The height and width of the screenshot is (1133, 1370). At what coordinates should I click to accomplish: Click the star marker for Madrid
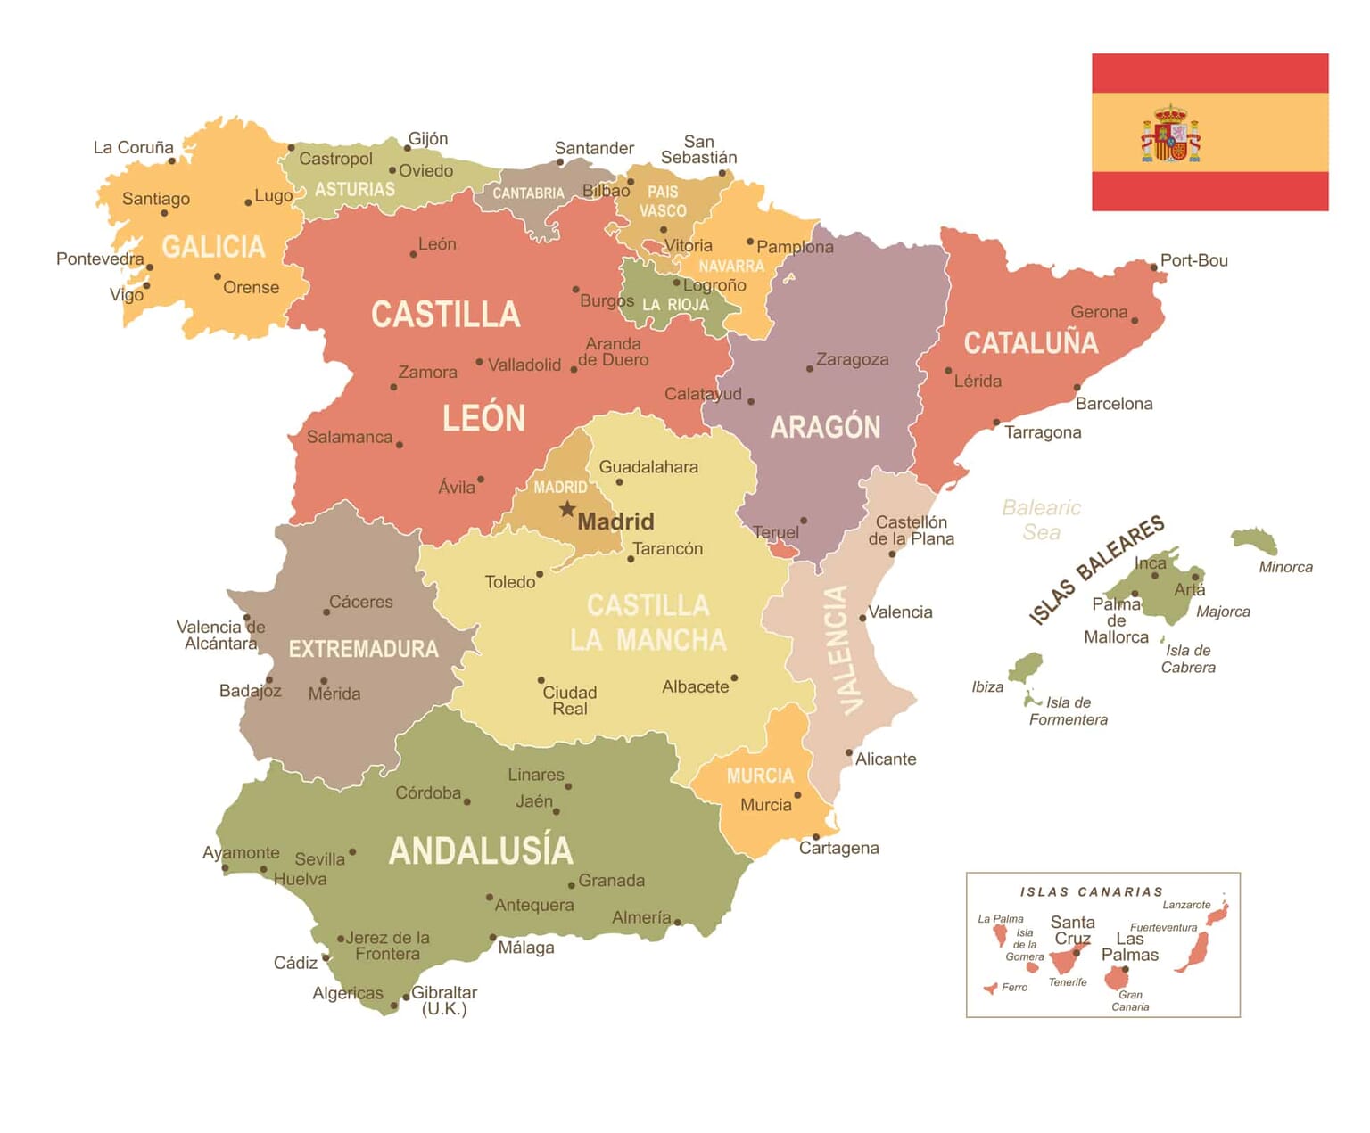[567, 509]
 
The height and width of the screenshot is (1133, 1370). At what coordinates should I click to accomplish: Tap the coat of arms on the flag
[1170, 135]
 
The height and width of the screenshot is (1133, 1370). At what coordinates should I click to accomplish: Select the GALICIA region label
[213, 246]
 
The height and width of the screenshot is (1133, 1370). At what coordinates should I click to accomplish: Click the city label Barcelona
[1113, 404]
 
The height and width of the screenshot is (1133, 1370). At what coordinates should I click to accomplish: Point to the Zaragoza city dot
[810, 368]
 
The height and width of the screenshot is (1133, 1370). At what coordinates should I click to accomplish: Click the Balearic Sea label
[1041, 520]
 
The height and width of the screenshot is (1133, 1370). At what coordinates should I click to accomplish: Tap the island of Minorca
[1254, 539]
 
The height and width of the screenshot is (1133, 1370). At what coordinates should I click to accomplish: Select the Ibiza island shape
[1027, 667]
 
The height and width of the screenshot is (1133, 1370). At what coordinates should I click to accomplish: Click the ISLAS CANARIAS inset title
[1091, 891]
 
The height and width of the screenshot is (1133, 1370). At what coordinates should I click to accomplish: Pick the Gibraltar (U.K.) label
[443, 1000]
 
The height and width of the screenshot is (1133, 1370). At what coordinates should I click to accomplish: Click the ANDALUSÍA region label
[481, 850]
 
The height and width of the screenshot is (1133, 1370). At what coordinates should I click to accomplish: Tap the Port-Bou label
[1193, 260]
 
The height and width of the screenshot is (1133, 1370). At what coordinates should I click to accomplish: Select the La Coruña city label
[133, 147]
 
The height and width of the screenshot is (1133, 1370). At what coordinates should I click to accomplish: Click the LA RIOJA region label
[675, 305]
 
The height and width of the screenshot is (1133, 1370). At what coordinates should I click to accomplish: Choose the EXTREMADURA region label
[363, 649]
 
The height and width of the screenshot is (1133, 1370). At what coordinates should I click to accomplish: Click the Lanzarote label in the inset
[1186, 905]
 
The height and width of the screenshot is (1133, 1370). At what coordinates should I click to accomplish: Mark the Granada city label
[611, 881]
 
